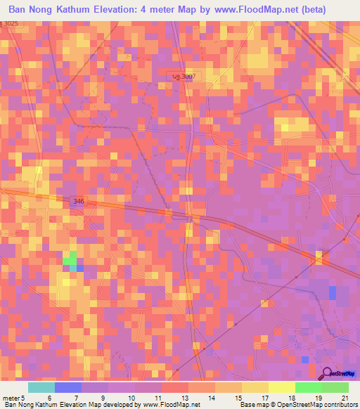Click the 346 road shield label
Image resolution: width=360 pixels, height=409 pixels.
coord(78,202)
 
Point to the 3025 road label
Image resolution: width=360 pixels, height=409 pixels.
coord(9,25)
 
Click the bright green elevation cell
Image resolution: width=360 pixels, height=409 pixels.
coord(70,261)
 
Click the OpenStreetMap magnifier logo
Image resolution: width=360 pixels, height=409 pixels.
coord(328,372)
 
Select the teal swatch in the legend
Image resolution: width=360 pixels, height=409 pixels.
coord(41,387)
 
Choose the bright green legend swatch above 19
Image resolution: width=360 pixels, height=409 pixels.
coord(308,387)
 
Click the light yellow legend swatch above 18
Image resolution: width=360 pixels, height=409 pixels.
coord(281,387)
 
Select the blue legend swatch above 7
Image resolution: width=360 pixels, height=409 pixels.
coord(68,387)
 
